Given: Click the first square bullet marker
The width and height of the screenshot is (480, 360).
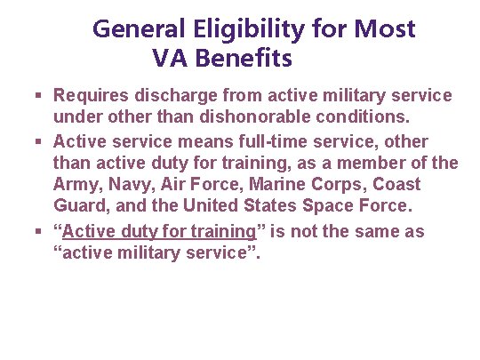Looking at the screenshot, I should point(41,95).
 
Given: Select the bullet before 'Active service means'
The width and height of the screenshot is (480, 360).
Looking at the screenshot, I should point(41,141).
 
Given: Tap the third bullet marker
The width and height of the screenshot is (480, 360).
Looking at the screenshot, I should point(41,233).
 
